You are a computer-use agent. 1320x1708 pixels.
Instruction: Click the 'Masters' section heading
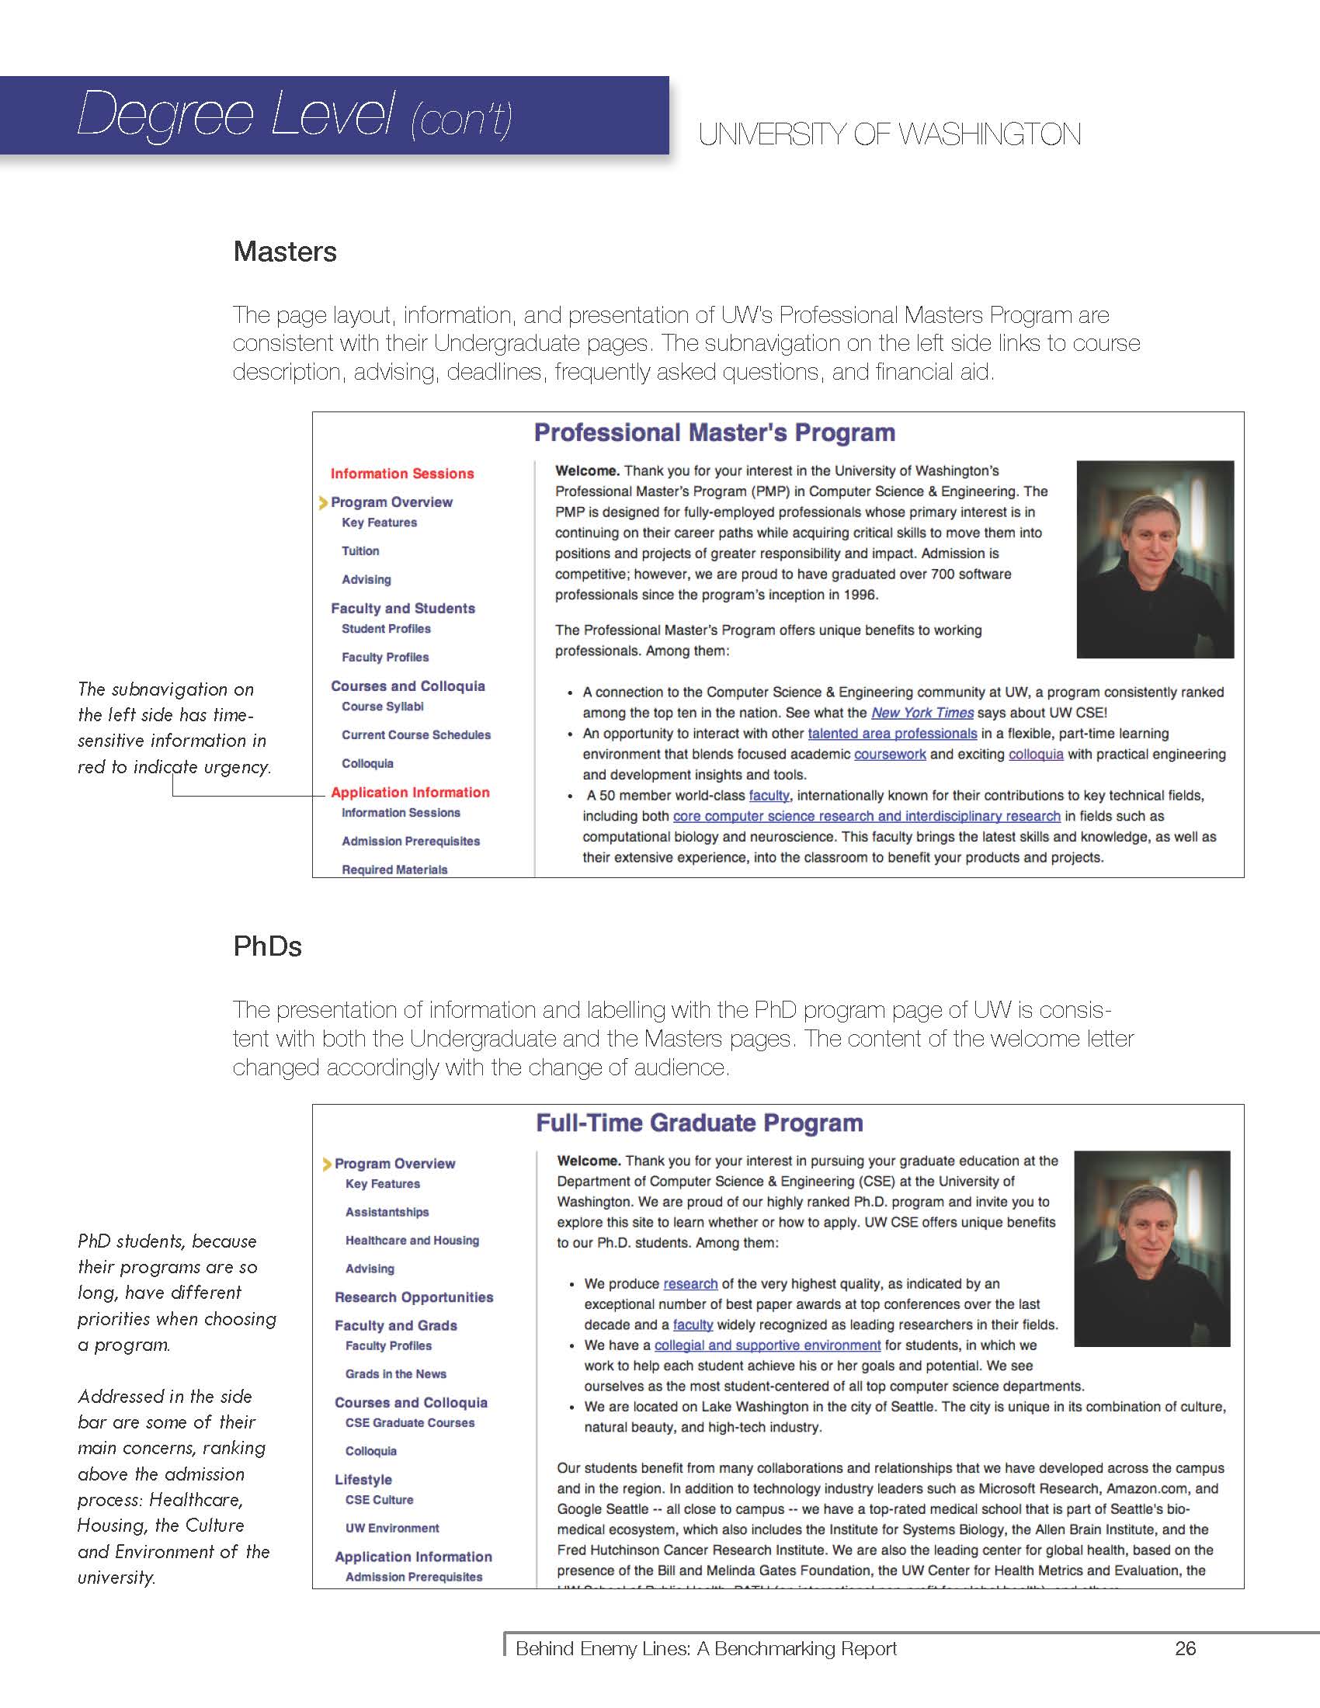pyautogui.click(x=285, y=252)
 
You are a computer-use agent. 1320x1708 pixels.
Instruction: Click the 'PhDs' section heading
pyautogui.click(x=267, y=946)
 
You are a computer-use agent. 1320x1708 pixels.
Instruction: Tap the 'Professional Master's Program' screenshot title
pyautogui.click(x=714, y=432)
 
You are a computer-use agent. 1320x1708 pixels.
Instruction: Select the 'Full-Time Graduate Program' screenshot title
pyautogui.click(x=699, y=1123)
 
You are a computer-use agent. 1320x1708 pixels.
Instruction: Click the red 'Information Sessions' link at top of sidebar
pyautogui.click(x=402, y=474)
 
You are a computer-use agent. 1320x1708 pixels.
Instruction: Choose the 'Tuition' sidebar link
pyautogui.click(x=360, y=551)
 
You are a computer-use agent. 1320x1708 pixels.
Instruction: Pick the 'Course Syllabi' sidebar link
pyautogui.click(x=382, y=707)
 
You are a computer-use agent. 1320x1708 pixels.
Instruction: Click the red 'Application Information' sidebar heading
pyautogui.click(x=410, y=792)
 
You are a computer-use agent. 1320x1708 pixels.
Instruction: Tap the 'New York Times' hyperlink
pyautogui.click(x=922, y=713)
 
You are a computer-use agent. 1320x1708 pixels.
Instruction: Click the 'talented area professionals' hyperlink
pyautogui.click(x=891, y=734)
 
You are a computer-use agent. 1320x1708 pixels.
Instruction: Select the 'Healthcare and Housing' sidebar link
pyautogui.click(x=412, y=1241)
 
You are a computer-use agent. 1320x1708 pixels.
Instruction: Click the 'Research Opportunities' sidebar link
pyautogui.click(x=414, y=1297)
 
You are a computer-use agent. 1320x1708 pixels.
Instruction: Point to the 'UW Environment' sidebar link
pyautogui.click(x=392, y=1528)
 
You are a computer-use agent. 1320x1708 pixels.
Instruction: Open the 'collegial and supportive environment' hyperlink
pyautogui.click(x=767, y=1345)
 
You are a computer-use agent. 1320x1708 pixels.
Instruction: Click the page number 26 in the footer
pyautogui.click(x=1185, y=1648)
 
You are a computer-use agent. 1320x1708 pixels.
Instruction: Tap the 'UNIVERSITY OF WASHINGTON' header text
pyautogui.click(x=889, y=134)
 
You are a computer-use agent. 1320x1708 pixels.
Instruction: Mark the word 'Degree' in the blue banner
pyautogui.click(x=166, y=114)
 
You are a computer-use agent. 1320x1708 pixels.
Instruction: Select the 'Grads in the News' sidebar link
pyautogui.click(x=396, y=1374)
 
